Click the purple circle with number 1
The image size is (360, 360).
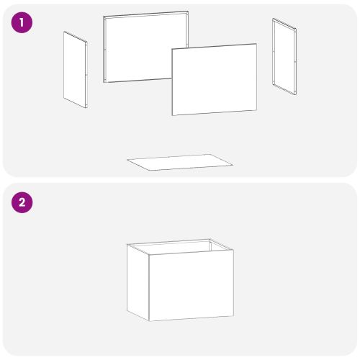pos(22,22)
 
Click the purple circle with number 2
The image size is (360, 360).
pos(22,202)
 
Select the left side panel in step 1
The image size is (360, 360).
pos(76,70)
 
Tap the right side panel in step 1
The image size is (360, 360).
pos(284,56)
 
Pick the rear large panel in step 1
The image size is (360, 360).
pos(146,47)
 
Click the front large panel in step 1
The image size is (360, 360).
pos(215,79)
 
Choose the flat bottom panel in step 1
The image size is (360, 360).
pos(180,162)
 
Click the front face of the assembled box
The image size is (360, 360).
pos(192,285)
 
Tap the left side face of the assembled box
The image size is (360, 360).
pos(138,282)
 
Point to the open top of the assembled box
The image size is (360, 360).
pos(180,247)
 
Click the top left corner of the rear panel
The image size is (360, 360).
pos(104,17)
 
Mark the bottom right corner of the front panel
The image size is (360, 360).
pos(256,110)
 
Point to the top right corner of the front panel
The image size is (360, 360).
pos(256,44)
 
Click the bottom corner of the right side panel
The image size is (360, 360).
pos(295,94)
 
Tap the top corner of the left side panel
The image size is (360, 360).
pos(64,32)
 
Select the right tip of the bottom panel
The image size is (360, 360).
pos(233,165)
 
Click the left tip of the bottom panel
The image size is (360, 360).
pos(127,160)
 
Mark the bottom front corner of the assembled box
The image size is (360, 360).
pos(149,321)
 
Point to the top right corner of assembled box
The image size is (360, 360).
pos(233,250)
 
